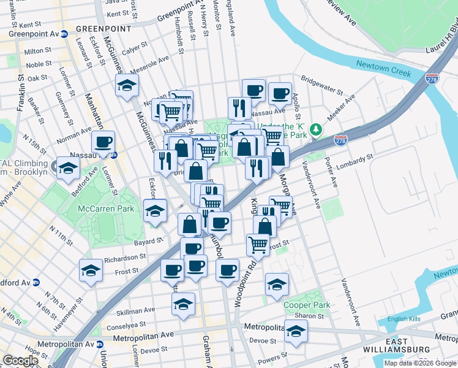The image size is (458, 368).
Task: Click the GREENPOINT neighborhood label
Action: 104,29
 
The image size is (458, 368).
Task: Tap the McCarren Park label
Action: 105,209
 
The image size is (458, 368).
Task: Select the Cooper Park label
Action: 307,305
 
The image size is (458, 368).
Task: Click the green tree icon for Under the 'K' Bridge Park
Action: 316,129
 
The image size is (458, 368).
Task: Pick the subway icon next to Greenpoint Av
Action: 64,34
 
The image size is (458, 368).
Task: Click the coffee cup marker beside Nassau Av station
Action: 103,143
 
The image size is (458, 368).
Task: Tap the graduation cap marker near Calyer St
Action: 127,86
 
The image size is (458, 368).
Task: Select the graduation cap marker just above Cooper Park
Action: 277,284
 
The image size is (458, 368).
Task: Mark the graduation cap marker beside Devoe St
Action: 296,331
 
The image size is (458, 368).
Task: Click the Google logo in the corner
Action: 21,361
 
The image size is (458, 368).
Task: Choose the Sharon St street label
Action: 312,315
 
